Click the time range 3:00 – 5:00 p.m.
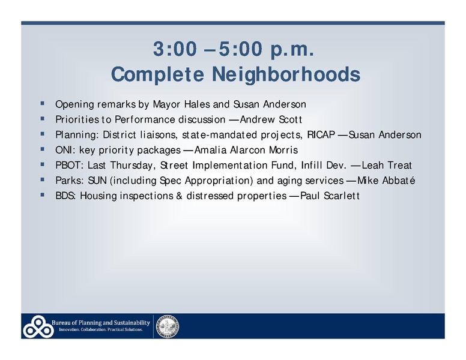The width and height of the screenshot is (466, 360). pyautogui.click(x=233, y=51)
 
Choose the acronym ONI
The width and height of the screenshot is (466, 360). pyautogui.click(x=64, y=150)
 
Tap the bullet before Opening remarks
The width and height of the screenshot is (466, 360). pyautogui.click(x=42, y=103)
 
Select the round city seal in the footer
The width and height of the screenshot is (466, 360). pyautogui.click(x=168, y=326)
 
